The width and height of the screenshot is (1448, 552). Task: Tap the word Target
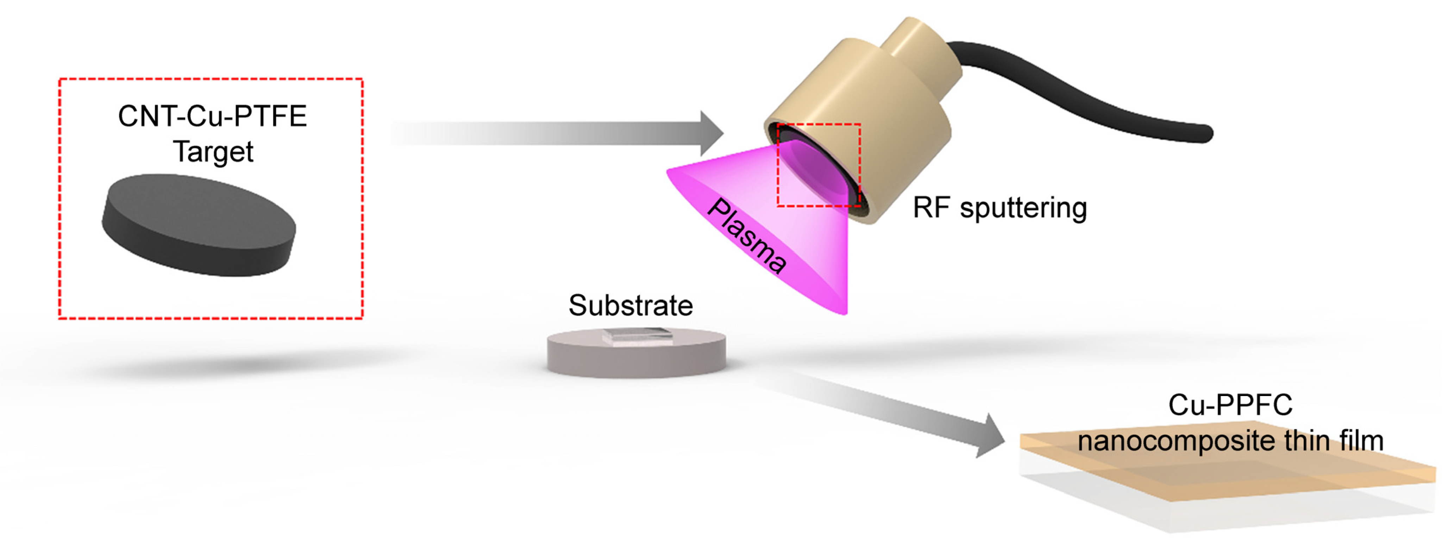pos(213,152)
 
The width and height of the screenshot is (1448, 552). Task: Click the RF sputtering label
pos(999,208)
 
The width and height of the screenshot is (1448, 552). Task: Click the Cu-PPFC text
pos(1230,405)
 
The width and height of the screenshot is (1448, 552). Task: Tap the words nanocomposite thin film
pos(1230,441)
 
